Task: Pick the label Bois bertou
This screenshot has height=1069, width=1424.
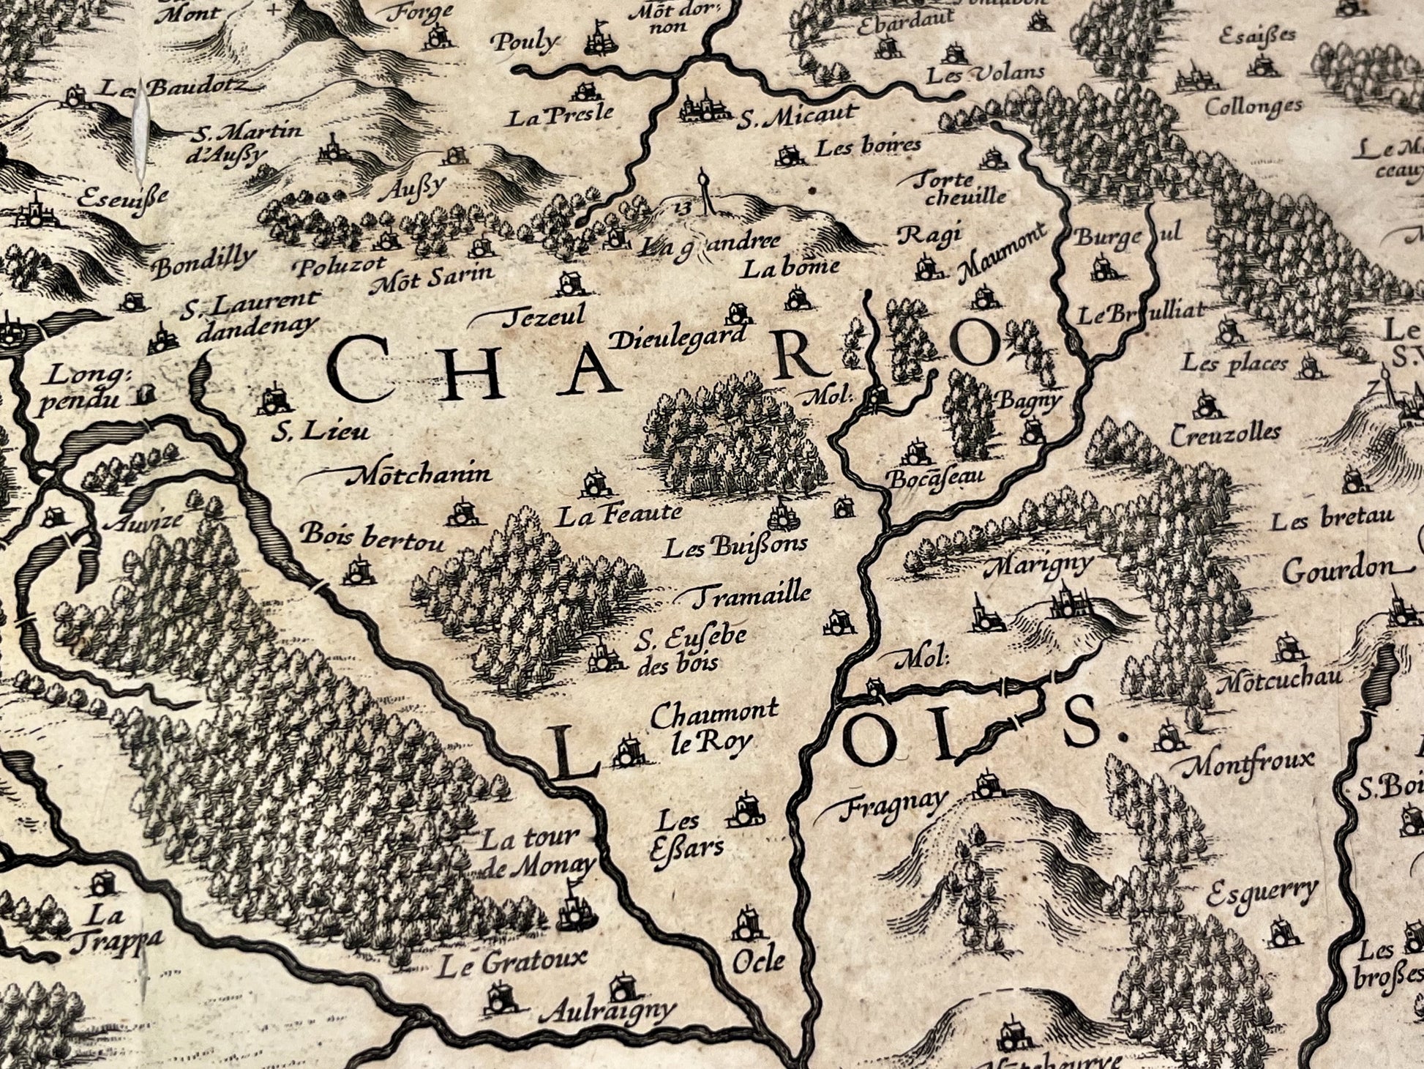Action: click(372, 536)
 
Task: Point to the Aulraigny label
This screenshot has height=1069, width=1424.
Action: click(605, 1012)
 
